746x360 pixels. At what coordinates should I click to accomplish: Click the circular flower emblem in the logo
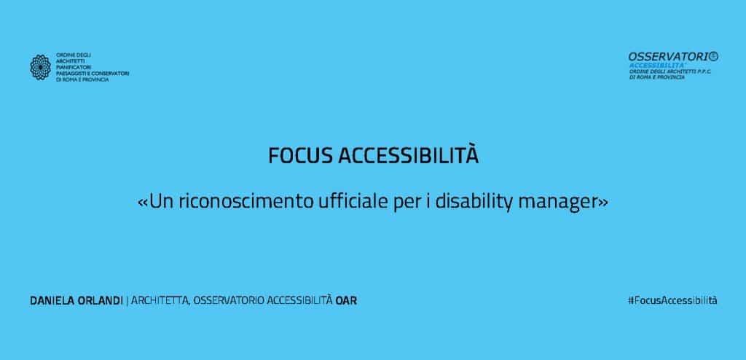pyautogui.click(x=41, y=67)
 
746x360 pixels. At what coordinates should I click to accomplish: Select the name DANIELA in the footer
pyautogui.click(x=52, y=301)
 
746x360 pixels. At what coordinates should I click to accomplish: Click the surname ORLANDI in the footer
pyautogui.click(x=99, y=301)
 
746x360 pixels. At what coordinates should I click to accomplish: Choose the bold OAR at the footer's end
pyautogui.click(x=346, y=301)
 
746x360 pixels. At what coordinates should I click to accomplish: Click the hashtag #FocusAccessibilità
pyautogui.click(x=672, y=300)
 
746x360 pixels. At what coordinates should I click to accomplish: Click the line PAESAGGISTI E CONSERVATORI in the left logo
pyautogui.click(x=93, y=74)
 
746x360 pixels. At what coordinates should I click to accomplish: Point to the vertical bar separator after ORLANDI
pyautogui.click(x=127, y=301)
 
